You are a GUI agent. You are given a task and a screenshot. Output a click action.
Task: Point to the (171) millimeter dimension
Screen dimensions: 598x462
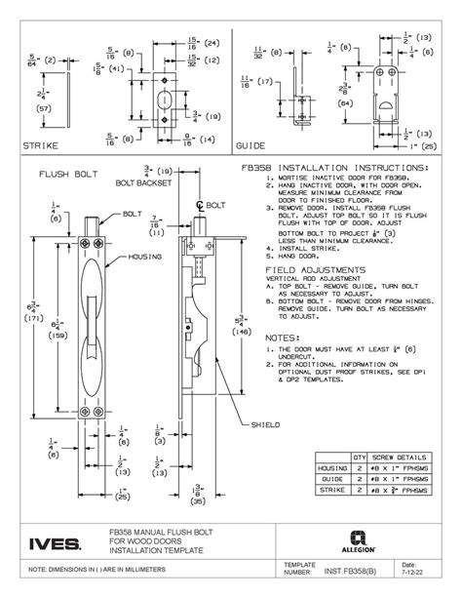(30, 317)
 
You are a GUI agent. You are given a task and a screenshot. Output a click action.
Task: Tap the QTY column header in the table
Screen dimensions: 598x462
(358, 456)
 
